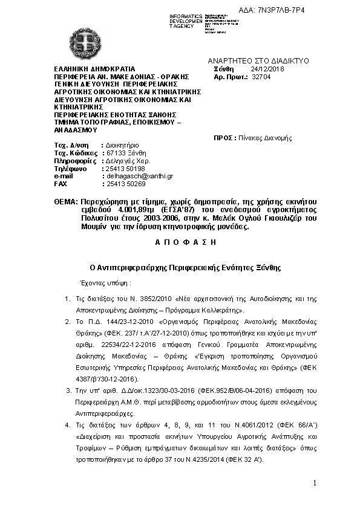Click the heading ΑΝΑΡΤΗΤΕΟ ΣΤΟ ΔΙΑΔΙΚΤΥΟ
point(258,61)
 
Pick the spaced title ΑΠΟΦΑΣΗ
point(181,242)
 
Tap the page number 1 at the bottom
point(315,482)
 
